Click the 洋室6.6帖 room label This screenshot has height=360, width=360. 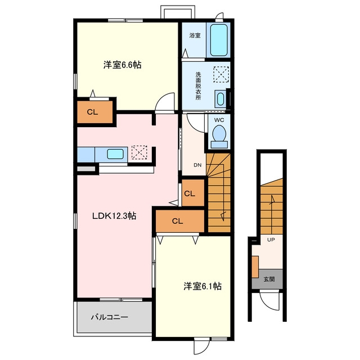tap(122, 65)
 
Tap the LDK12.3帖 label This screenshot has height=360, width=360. tap(114, 216)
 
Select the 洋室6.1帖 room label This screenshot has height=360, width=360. tap(202, 286)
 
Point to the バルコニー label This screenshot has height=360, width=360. tap(110, 317)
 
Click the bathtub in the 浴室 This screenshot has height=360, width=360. tap(219, 40)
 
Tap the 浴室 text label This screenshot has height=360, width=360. tap(195, 35)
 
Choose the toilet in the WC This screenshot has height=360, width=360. tap(219, 136)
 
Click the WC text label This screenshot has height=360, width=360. tap(219, 120)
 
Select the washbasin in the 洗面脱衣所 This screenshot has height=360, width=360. tap(220, 99)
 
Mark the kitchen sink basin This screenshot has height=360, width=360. tap(115, 154)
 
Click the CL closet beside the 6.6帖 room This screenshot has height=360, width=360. tap(95, 112)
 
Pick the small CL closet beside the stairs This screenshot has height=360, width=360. tap(193, 193)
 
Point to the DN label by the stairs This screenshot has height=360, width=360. tap(197, 165)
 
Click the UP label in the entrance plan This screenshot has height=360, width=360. tap(271, 240)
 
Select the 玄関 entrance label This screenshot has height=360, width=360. tap(269, 280)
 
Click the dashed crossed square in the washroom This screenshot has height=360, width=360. tap(221, 74)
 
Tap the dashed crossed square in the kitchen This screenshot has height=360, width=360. tap(139, 152)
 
